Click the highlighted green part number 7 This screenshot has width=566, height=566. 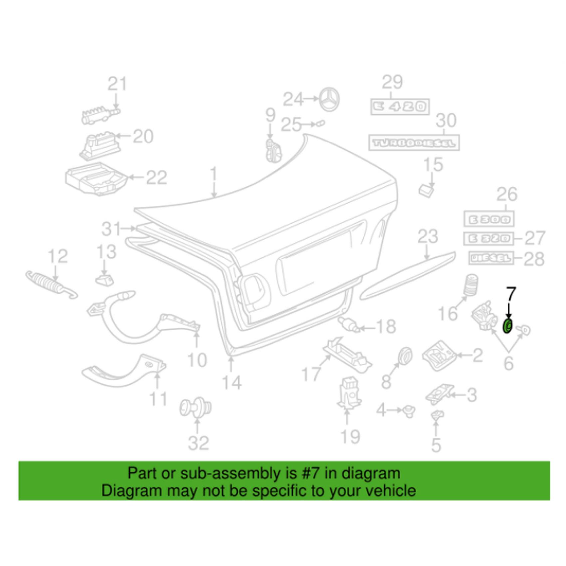507,326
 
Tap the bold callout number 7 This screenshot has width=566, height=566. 511,294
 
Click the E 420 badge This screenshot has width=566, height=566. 400,107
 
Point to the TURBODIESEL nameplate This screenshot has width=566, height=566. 414,143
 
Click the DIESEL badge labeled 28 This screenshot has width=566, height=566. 491,258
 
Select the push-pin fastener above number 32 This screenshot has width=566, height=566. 195,407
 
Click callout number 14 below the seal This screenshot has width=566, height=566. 232,383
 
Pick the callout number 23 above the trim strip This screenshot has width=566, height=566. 428,237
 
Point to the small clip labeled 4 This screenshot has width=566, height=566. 409,412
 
